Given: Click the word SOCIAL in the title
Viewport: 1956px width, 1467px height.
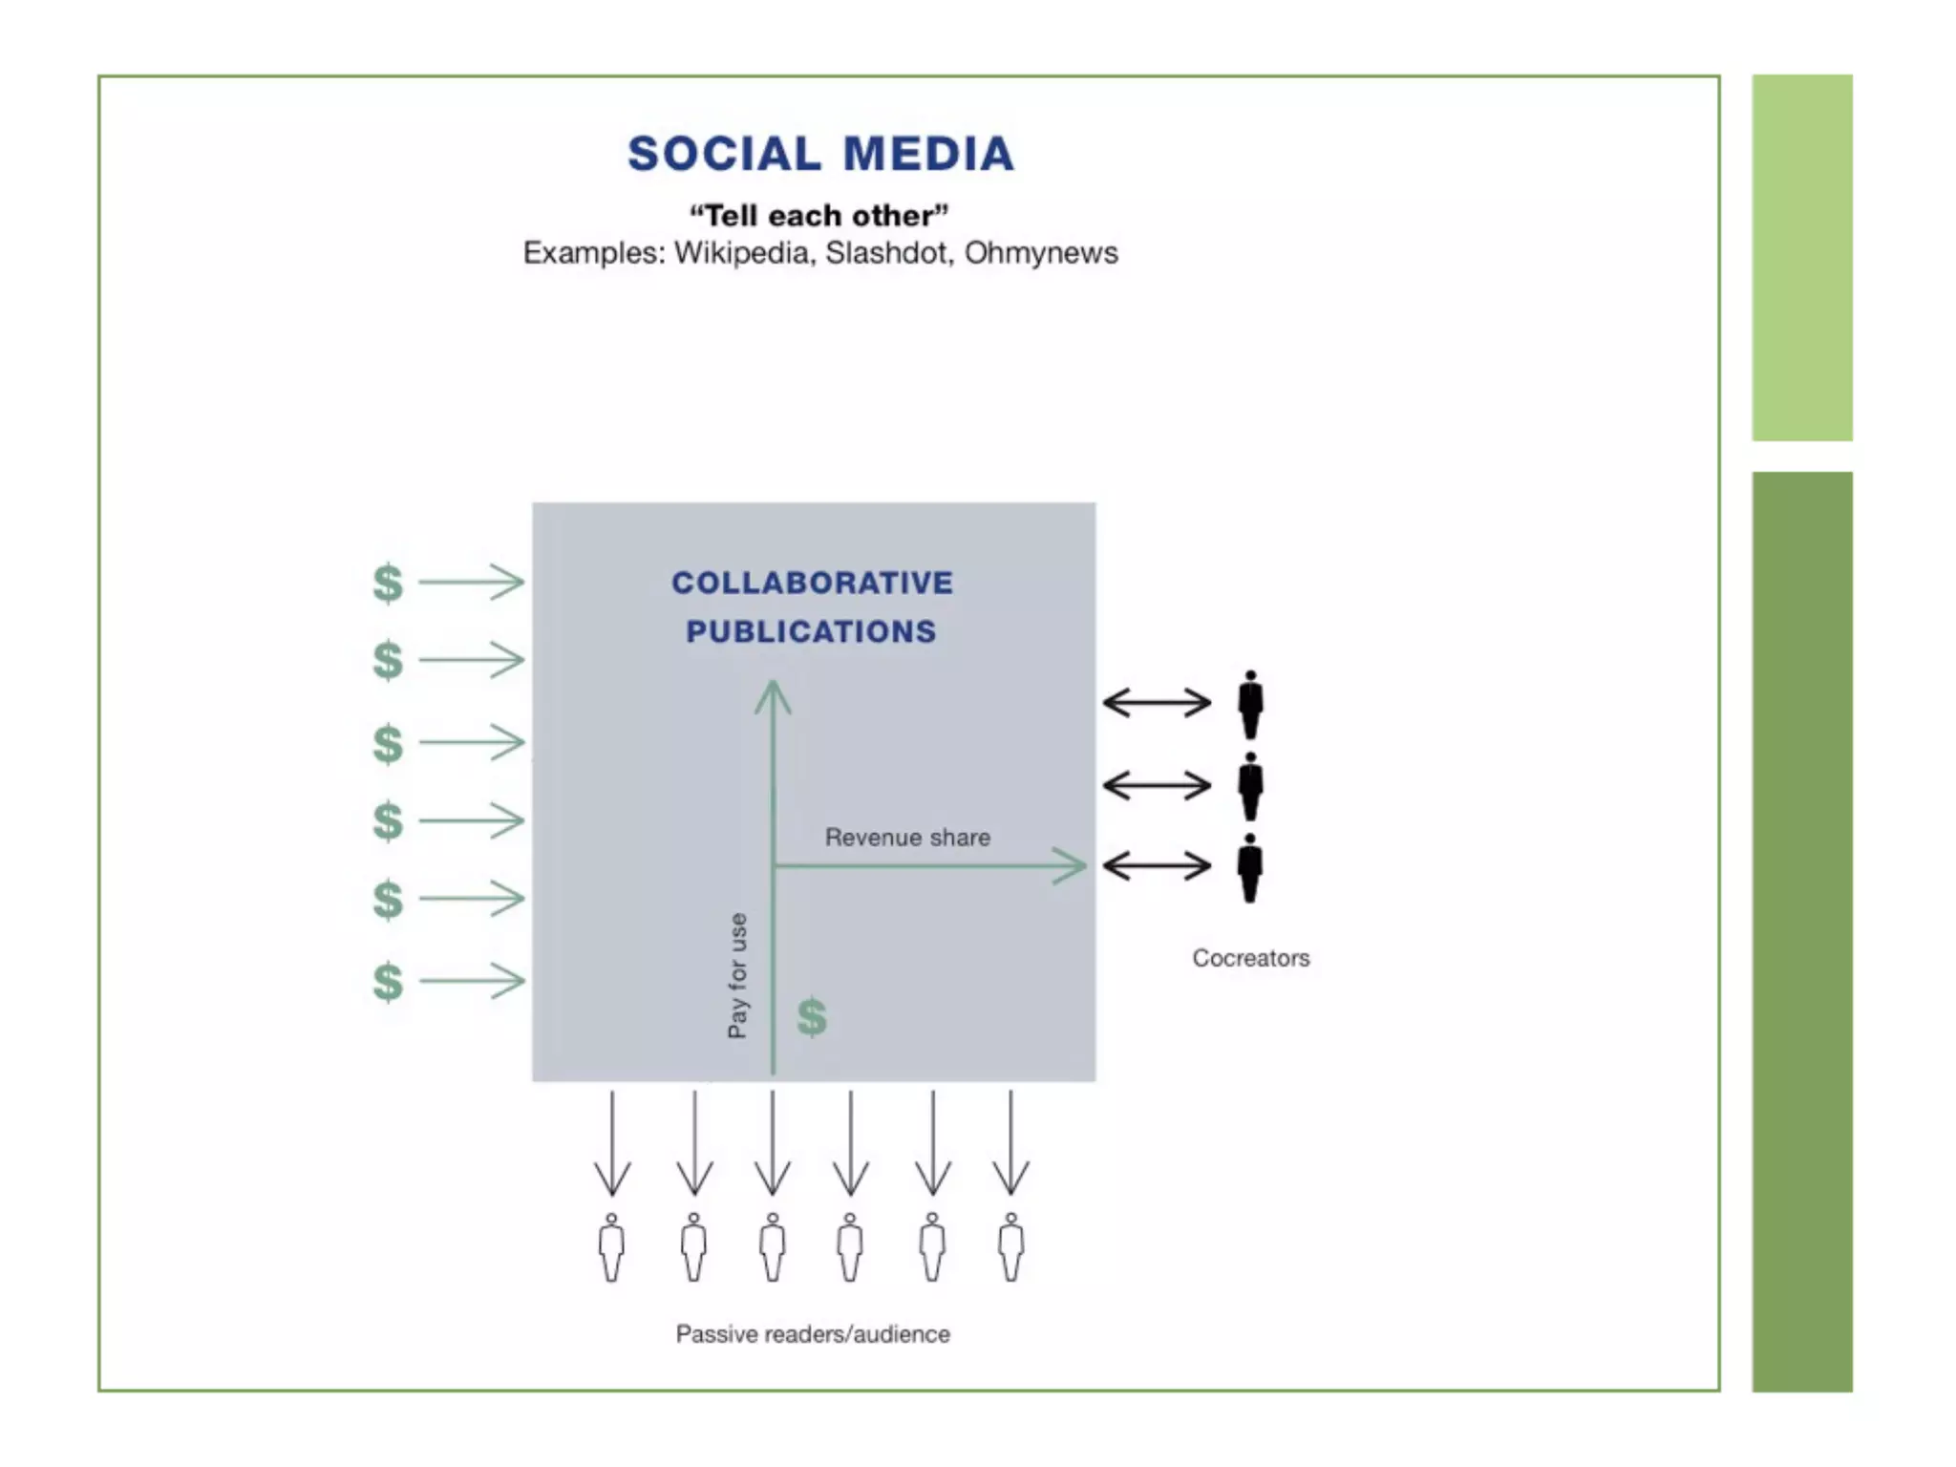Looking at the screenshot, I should (724, 154).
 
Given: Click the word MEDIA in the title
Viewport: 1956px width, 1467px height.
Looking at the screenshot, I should (928, 154).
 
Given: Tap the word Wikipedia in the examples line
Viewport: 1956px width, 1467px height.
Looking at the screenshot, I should (741, 253).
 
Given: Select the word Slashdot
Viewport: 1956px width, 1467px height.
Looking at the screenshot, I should (888, 253).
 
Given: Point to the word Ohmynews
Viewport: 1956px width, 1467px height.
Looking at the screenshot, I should (1040, 253).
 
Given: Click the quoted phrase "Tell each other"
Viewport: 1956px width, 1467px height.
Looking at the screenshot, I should (819, 216).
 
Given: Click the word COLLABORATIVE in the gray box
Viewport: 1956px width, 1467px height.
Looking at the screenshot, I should (812, 583).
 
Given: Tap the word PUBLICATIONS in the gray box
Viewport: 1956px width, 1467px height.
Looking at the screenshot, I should (812, 631).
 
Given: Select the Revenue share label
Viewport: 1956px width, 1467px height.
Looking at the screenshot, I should (907, 838).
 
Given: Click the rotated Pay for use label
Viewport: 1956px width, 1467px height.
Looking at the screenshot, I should (737, 975).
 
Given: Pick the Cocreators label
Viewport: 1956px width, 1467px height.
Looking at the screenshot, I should (1250, 958).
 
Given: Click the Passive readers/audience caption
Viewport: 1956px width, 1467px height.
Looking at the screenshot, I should (813, 1334).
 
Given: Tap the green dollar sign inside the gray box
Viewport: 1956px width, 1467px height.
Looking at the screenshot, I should (812, 1017).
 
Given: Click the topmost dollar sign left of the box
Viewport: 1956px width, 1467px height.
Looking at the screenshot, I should (388, 583).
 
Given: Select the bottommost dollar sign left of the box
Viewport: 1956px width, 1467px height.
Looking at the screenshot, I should (388, 982).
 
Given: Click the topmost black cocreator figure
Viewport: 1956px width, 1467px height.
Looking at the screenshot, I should (1250, 705).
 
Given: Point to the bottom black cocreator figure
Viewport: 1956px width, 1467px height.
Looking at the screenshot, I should (1249, 868).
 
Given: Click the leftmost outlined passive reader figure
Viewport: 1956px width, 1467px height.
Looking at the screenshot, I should (611, 1247).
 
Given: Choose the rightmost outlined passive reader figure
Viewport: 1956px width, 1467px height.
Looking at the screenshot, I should (1010, 1247).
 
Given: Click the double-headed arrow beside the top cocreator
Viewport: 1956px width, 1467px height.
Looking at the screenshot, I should (1157, 703).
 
